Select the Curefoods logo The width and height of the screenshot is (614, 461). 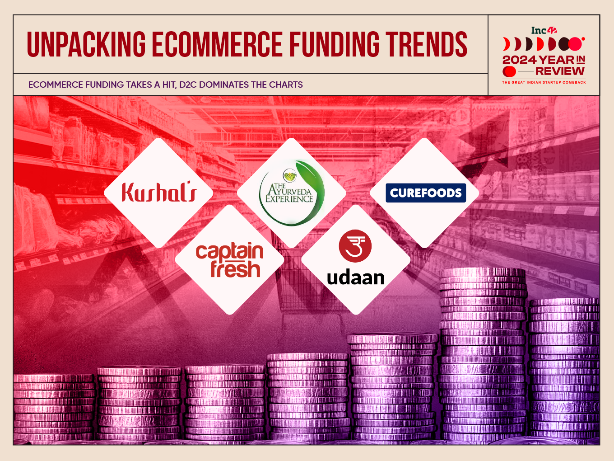pyautogui.click(x=426, y=193)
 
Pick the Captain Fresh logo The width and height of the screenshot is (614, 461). pyautogui.click(x=229, y=260)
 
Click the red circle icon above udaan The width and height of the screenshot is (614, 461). pyautogui.click(x=355, y=246)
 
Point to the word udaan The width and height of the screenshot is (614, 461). pyautogui.click(x=356, y=278)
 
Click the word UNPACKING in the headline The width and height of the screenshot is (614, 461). pyautogui.click(x=86, y=44)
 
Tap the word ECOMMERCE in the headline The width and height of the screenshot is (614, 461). pyautogui.click(x=217, y=44)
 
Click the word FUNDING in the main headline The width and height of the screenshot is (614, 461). pyautogui.click(x=334, y=44)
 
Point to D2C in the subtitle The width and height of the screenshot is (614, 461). pyautogui.click(x=188, y=85)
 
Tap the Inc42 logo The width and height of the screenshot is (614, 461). pyautogui.click(x=544, y=30)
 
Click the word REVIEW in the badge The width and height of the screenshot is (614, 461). pyautogui.click(x=560, y=71)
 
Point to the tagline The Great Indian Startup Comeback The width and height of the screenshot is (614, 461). pyautogui.click(x=544, y=82)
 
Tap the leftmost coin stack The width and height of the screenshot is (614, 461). pyautogui.click(x=54, y=409)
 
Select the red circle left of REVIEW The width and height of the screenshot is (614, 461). pyautogui.click(x=509, y=71)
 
